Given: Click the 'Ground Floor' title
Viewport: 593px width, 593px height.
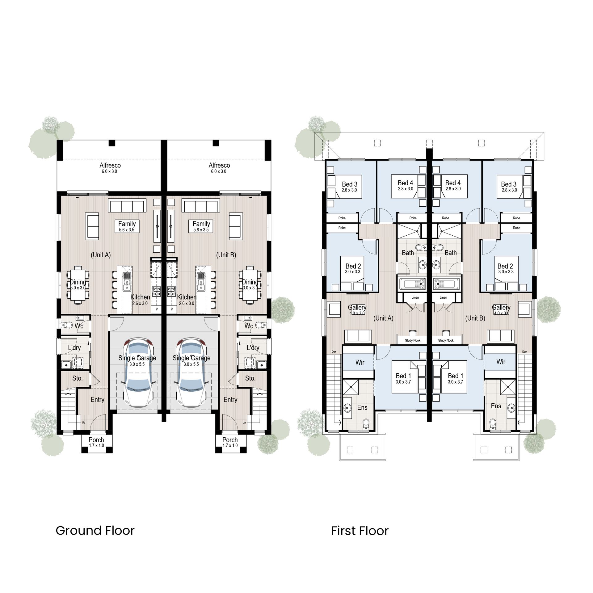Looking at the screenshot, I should coord(95,531).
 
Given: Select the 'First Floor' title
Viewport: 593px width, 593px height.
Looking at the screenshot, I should coord(360,531).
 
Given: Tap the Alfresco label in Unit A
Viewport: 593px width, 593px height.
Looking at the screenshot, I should coord(110,166).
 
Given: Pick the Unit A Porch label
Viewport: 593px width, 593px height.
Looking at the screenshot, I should coord(96,440).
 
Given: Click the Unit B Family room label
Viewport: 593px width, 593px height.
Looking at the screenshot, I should coord(201,224).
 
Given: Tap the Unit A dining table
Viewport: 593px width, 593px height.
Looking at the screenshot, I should coord(78,285).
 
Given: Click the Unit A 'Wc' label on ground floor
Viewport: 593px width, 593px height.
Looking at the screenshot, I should coord(79,326).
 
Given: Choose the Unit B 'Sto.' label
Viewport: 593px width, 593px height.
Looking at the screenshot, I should coord(250,378).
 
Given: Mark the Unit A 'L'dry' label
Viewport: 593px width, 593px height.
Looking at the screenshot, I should coord(74,348).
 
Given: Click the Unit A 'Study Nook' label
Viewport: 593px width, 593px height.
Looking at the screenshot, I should coord(413,340).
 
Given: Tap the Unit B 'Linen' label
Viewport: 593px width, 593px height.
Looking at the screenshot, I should coord(443,297).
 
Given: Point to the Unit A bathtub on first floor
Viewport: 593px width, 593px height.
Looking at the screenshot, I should coord(412,284).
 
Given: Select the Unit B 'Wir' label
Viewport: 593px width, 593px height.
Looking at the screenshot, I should coord(501,362).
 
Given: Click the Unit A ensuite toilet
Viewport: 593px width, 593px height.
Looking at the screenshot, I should coord(366,424).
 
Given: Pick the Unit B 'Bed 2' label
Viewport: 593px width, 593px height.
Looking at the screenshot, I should coord(505,266).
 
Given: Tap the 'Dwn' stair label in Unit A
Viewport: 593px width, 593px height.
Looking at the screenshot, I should coord(334,352).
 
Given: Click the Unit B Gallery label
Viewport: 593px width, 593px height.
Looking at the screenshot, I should coord(501,308).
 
